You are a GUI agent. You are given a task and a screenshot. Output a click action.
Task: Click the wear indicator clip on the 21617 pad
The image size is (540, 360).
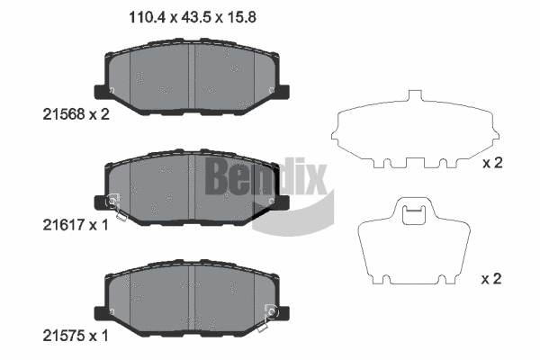click(112, 202)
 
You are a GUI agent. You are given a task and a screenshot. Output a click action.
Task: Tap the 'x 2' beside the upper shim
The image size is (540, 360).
click(491, 163)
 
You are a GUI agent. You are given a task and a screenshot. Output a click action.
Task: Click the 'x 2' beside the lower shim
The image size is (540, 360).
click(491, 280)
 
